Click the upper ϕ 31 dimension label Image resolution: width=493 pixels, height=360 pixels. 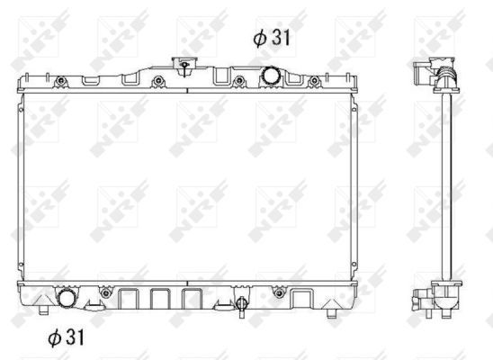pyautogui.click(x=272, y=38)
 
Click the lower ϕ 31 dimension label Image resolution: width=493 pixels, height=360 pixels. pyautogui.click(x=66, y=337)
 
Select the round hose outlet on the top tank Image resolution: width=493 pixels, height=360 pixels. pyautogui.click(x=272, y=75)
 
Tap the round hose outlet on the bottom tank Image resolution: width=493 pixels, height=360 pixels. pyautogui.click(x=67, y=297)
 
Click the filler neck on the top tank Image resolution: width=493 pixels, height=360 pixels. pyautogui.click(x=184, y=66)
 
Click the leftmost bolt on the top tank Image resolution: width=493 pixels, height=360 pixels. pyautogui.click(x=60, y=81)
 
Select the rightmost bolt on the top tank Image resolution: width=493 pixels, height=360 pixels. pyautogui.click(x=314, y=81)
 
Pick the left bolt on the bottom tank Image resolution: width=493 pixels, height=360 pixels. pyautogui.click(x=105, y=293)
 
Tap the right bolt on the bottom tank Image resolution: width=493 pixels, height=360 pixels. pyautogui.click(x=279, y=293)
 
